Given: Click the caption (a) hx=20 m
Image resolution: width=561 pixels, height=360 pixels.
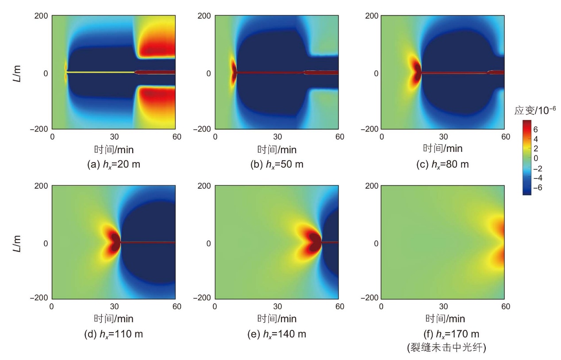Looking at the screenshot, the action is tap(113, 164).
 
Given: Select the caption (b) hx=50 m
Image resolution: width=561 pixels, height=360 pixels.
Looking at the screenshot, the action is tap(277, 164).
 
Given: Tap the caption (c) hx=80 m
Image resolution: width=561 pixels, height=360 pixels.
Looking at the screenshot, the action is tap(442, 164).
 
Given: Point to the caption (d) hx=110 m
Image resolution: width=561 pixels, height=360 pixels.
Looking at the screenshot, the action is tap(113, 334).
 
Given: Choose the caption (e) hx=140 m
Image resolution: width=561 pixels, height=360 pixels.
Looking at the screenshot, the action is tap(277, 334).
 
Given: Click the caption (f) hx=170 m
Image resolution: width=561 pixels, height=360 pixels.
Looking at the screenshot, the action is tap(451, 334).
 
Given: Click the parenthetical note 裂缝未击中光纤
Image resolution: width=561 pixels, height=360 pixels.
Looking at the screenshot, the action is tap(446, 348).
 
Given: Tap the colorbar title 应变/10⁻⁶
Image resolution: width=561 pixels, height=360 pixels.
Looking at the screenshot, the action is tap(535, 110).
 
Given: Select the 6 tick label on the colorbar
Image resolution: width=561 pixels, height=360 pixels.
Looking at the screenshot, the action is tap(535, 129).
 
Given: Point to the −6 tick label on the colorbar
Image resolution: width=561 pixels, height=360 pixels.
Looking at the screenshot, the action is tap(538, 187).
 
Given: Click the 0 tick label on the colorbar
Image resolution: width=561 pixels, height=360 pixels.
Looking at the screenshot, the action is tap(535, 159).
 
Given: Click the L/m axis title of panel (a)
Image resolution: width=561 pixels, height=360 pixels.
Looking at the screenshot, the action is tap(17, 74).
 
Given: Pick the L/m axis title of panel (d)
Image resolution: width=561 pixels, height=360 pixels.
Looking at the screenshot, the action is tap(17, 244).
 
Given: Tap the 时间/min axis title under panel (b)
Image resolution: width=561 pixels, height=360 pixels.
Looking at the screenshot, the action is tap(277, 150).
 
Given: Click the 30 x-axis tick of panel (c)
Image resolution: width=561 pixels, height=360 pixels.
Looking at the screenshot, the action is tap(443, 137).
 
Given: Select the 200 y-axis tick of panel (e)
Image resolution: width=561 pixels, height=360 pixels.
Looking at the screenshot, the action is tap(204, 186).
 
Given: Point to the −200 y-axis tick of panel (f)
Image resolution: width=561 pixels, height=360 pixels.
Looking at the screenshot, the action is tap(369, 298).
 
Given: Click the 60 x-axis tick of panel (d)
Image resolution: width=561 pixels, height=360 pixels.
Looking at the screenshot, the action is tap(177, 306).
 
